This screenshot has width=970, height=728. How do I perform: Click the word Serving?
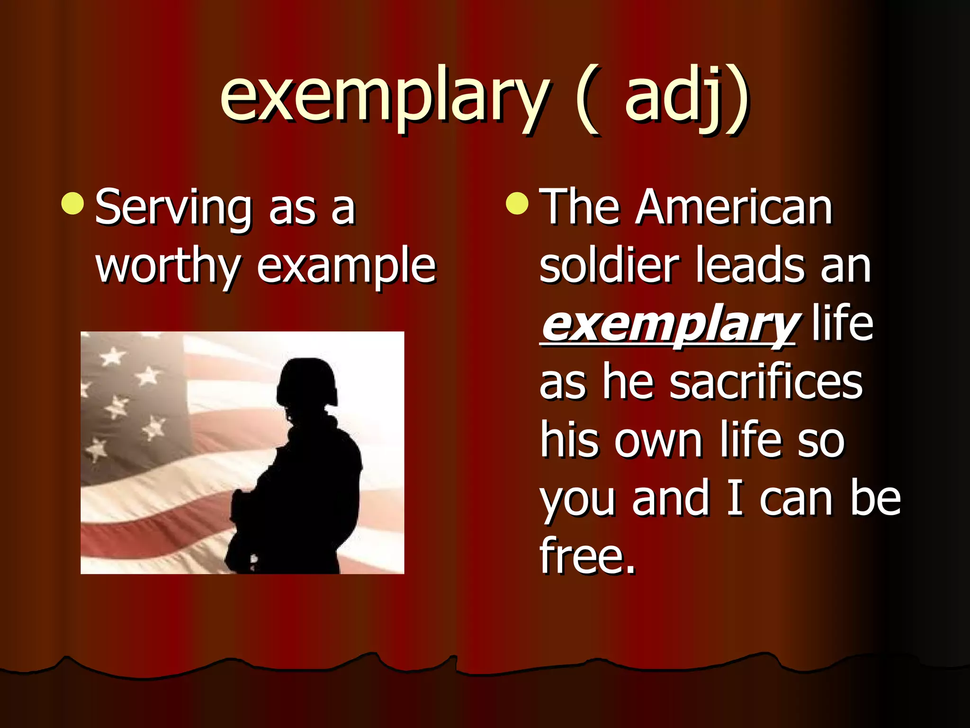[173, 209]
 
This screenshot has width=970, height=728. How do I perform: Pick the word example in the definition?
[346, 268]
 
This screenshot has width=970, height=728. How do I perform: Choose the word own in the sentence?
[658, 441]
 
